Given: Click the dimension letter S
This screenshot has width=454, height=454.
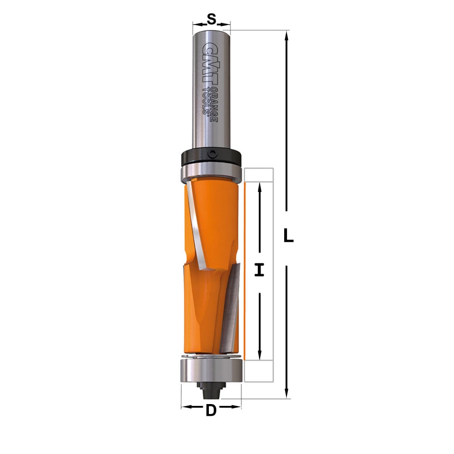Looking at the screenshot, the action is pyautogui.click(x=212, y=20).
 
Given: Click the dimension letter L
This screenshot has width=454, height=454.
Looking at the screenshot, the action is pyautogui.click(x=288, y=235).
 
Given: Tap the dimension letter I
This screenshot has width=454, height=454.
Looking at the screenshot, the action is pyautogui.click(x=259, y=270).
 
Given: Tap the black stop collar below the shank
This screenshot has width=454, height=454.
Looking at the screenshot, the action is pyautogui.click(x=211, y=157).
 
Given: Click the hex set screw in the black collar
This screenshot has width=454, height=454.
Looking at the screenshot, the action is pyautogui.click(x=213, y=154).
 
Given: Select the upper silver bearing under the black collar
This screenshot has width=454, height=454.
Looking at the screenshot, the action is pyautogui.click(x=211, y=173).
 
